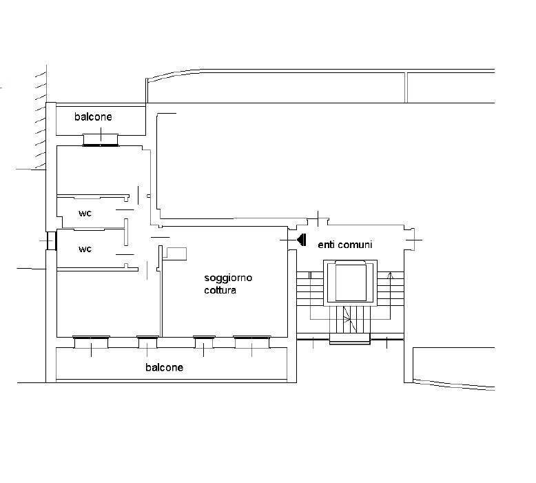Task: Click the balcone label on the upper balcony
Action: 93,117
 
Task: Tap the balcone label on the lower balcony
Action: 164,367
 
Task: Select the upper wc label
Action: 85,213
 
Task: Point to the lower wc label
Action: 85,249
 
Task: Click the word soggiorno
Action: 228,278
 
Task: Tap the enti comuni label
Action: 344,245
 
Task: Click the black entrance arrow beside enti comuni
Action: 301,240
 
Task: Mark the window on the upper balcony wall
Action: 101,140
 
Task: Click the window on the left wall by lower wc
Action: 50,240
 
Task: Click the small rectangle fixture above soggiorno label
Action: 176,253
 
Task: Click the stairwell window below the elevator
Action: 350,338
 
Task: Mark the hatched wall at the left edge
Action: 39,117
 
